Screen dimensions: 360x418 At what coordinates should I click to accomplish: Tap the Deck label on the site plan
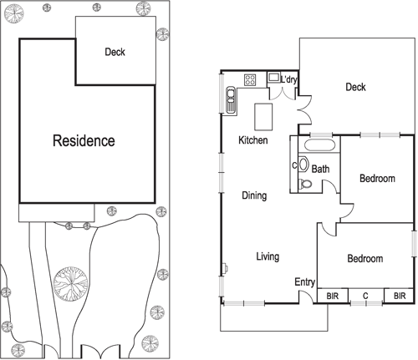115,52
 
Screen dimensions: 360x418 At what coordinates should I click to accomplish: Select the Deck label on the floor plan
355,87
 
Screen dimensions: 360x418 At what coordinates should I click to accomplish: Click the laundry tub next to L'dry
273,78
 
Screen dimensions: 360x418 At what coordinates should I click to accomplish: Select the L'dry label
290,80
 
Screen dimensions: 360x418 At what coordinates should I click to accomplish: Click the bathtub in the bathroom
319,146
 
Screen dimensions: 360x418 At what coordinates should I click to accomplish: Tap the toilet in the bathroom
305,185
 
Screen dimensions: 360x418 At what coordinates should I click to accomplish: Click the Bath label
320,169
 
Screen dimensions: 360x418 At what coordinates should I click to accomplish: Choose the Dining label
254,196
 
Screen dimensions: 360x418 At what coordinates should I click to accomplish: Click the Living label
267,256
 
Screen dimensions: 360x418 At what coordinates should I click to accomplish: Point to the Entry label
304,282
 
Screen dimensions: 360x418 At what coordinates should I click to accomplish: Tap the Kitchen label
252,140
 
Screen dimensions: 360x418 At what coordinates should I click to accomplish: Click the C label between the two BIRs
364,296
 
